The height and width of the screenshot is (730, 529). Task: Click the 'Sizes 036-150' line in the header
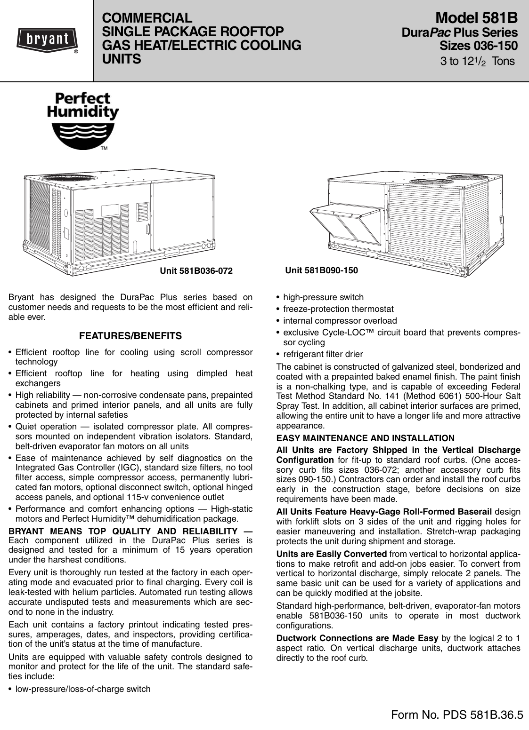[478, 46]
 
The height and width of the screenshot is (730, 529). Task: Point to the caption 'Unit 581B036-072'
[196, 270]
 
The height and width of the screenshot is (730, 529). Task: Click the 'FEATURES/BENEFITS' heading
[130, 336]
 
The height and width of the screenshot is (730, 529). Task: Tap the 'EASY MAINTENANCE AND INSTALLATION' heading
[365, 438]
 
